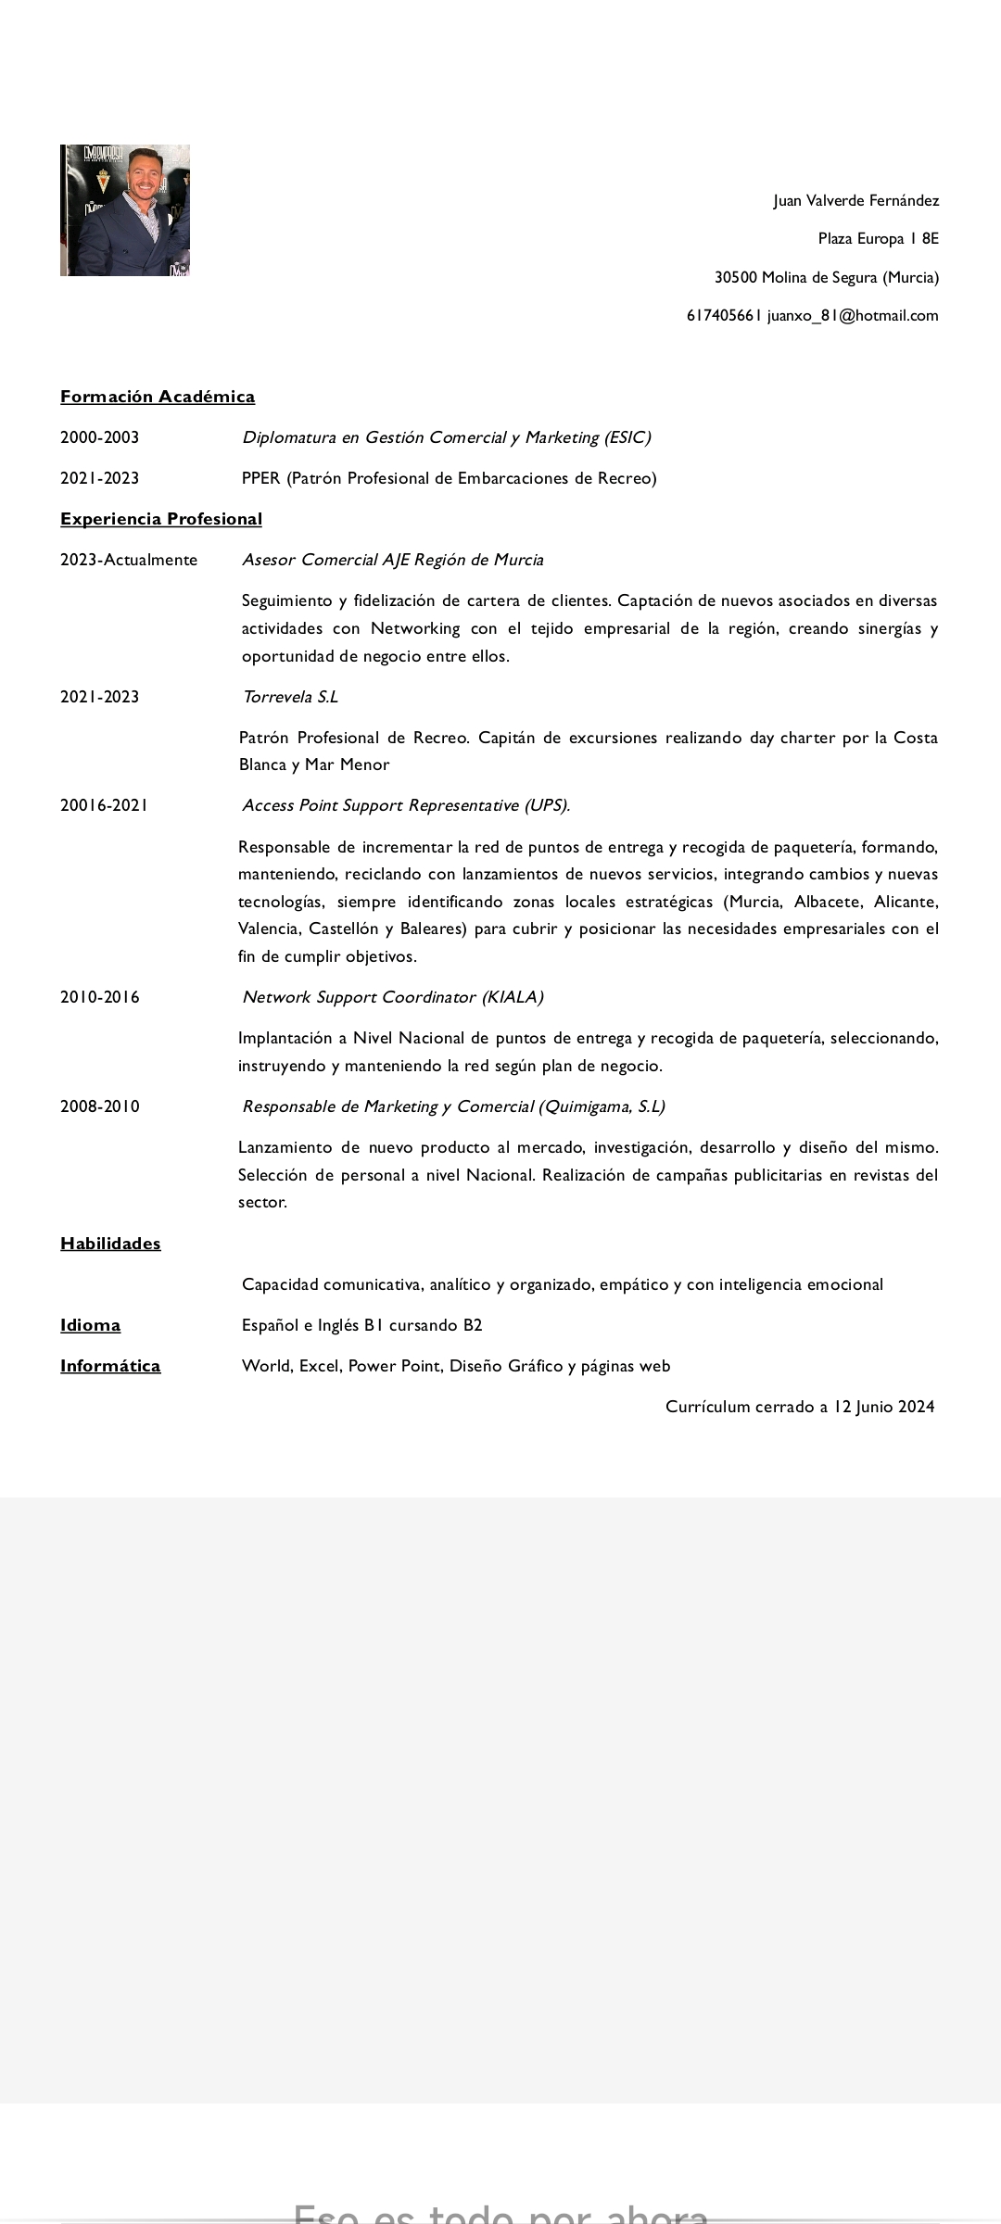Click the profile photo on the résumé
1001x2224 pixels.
point(125,210)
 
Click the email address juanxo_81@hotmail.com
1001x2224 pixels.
point(853,316)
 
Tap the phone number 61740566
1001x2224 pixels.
point(723,316)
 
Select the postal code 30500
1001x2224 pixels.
point(735,278)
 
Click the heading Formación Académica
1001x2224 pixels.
point(158,397)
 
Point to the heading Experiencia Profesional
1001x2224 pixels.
point(161,519)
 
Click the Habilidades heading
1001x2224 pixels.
point(110,1244)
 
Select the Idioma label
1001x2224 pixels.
point(90,1325)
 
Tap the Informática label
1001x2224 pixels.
point(110,1366)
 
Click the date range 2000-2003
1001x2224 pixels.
point(100,437)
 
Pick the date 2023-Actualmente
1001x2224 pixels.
point(129,560)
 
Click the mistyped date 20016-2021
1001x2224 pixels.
point(105,805)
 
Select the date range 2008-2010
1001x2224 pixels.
point(100,1106)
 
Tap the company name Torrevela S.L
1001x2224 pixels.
point(290,697)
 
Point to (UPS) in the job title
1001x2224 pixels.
point(547,805)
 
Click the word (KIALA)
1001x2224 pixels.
point(513,997)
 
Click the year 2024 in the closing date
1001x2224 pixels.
point(916,1407)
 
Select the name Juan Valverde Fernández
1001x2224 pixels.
point(855,201)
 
